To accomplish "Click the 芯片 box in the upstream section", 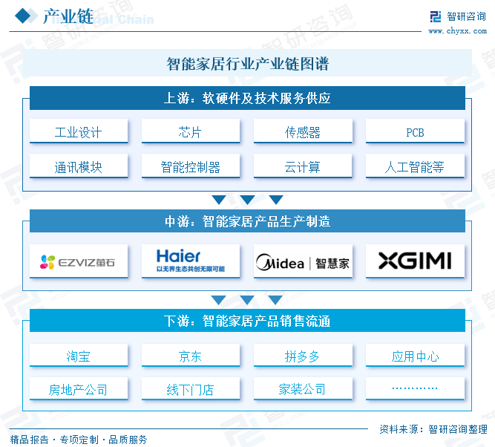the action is point(191,131).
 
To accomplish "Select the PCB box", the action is point(415,131).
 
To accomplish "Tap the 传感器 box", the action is point(303,131).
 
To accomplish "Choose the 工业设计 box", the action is point(79,131).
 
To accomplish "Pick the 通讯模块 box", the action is point(79,166).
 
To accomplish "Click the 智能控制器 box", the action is point(191,166).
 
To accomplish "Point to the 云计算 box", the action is point(303,166).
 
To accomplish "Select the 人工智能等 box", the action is point(415,166).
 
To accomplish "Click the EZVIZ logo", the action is point(77,262).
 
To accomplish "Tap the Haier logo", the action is point(191,261).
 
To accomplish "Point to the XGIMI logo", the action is point(415,261).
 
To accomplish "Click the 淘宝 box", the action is point(79,355).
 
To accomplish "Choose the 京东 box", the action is point(191,355).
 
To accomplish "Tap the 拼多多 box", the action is point(303,355).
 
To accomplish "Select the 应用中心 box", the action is point(415,355).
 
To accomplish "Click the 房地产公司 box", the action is point(79,388).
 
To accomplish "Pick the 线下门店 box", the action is point(191,388).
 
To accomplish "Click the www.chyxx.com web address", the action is point(457,31).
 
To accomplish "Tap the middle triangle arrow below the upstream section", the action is point(247,200).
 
